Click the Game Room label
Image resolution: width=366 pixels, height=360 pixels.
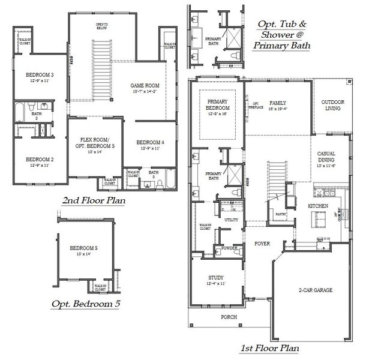pyautogui.click(x=143, y=86)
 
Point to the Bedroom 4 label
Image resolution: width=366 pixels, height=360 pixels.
pyautogui.click(x=148, y=142)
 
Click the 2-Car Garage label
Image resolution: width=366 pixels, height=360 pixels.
pyautogui.click(x=314, y=290)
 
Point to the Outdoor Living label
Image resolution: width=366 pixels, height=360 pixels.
pyautogui.click(x=331, y=105)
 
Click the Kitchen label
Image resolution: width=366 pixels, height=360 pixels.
pyautogui.click(x=317, y=206)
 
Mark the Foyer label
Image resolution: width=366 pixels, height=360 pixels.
pyautogui.click(x=262, y=244)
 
